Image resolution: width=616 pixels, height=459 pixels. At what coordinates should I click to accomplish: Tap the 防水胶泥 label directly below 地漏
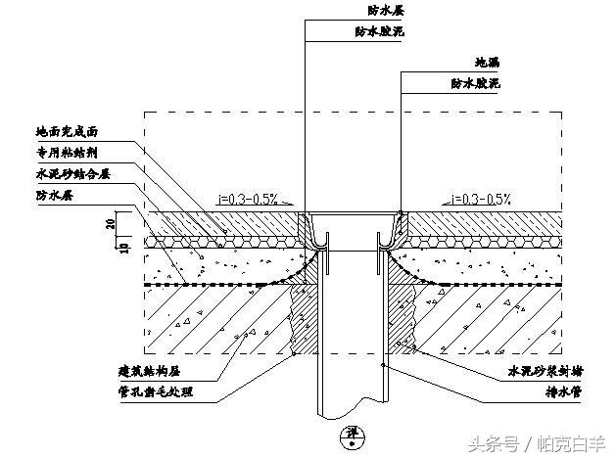pos(476,84)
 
